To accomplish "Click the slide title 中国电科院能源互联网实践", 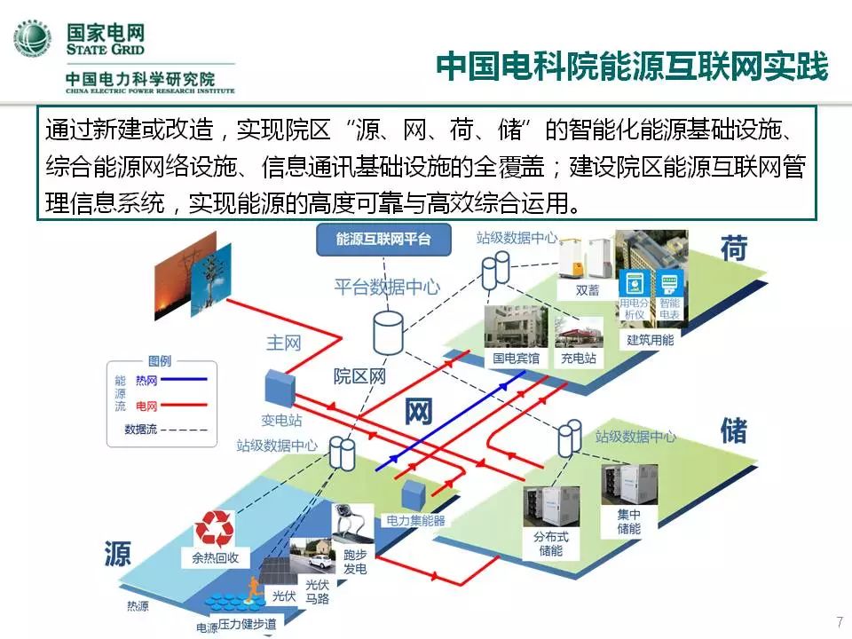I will click(632, 67).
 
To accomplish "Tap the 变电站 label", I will click(281, 421).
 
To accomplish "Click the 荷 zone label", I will click(733, 250).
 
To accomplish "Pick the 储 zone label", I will click(733, 431).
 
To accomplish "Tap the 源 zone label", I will click(117, 555).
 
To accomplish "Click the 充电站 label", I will click(578, 359).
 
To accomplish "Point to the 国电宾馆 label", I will click(516, 359).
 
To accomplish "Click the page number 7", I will click(839, 621).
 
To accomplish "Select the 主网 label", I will click(284, 343).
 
